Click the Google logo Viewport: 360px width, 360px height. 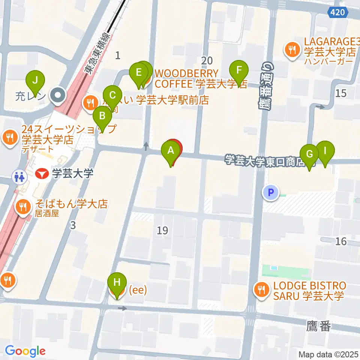25,351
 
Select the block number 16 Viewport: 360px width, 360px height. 341,241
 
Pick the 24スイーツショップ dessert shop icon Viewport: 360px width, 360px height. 9,136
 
